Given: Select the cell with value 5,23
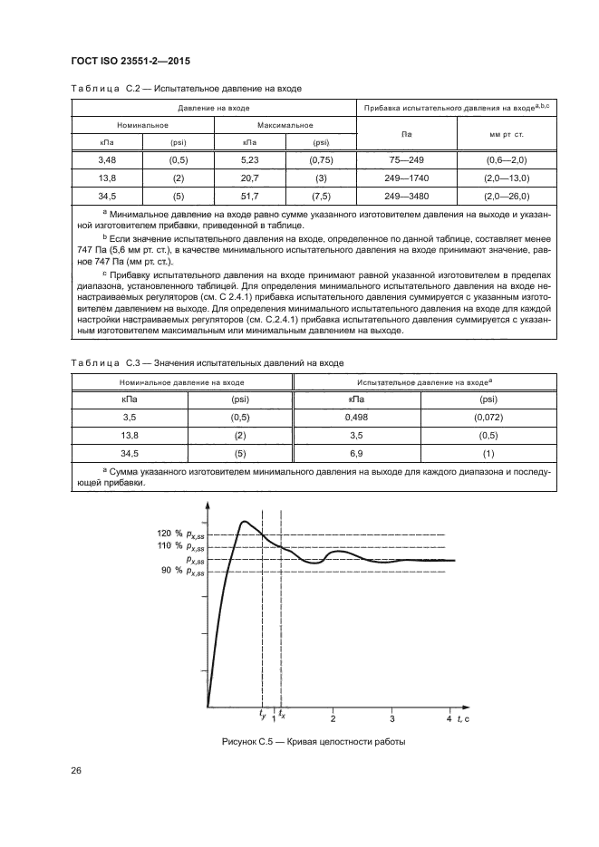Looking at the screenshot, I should tap(249, 160).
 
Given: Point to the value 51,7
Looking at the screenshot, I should tap(249, 195).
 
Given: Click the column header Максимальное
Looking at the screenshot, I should tap(285, 125).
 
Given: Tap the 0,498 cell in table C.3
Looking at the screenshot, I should tap(355, 418).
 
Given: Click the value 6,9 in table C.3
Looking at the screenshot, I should tap(355, 452).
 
